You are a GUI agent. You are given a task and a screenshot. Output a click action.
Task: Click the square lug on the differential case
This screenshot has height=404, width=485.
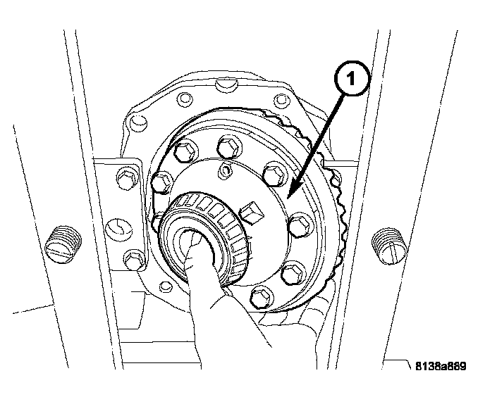(x=252, y=209)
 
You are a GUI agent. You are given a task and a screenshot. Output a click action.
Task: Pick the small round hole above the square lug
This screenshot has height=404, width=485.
(x=226, y=168)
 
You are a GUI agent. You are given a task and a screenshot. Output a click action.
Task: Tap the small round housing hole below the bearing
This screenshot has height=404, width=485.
(x=167, y=286)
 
